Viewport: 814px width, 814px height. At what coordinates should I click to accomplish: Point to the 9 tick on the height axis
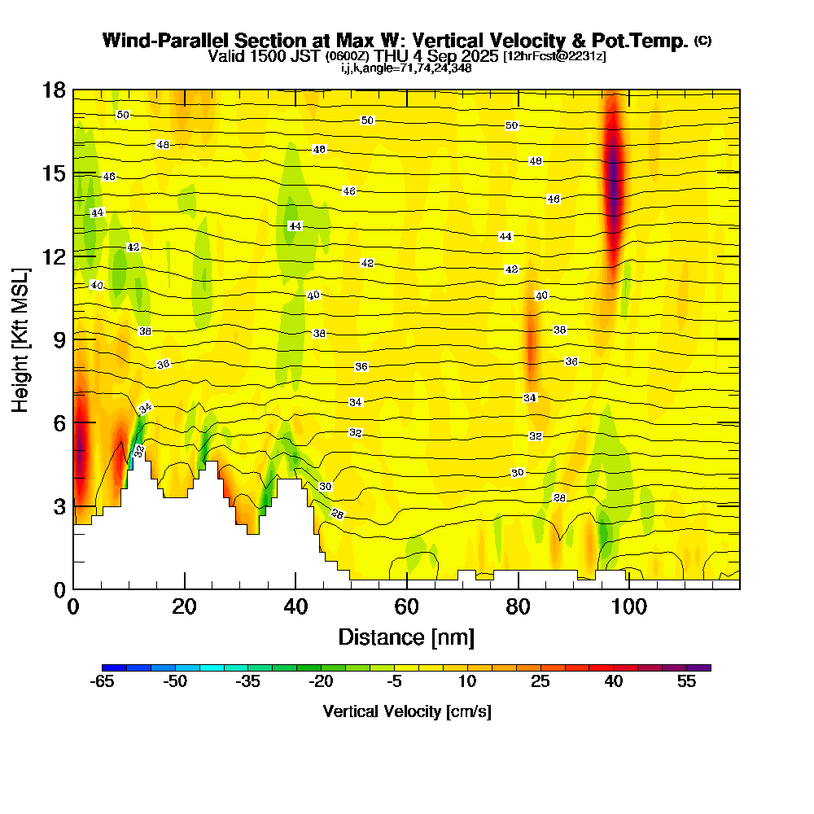click(73, 339)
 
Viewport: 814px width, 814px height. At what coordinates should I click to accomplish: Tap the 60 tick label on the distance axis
click(406, 607)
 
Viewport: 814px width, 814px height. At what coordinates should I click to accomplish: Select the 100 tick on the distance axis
click(628, 589)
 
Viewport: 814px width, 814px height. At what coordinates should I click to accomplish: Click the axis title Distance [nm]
click(406, 637)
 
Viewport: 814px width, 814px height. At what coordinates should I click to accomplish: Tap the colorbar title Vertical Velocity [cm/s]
click(406, 711)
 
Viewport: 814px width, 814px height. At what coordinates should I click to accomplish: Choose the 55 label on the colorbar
click(686, 682)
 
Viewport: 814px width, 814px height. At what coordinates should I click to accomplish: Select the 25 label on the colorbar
click(540, 682)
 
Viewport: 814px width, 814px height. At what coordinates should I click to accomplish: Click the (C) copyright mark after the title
click(702, 41)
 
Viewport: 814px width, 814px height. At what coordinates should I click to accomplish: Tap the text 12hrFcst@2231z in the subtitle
click(554, 56)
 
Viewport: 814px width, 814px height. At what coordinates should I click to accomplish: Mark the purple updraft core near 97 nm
click(613, 179)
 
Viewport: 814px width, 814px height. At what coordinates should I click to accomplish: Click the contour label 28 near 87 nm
click(559, 497)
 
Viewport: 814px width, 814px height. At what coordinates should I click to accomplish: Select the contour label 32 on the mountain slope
click(139, 450)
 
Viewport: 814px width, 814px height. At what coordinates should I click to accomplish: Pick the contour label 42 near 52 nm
click(367, 263)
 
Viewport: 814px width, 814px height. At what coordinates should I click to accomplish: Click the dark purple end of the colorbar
click(704, 667)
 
